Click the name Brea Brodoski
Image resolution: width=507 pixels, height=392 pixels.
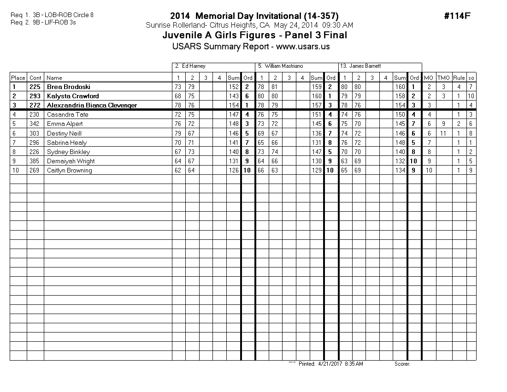[x=68, y=87]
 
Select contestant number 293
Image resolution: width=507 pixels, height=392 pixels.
[x=35, y=96]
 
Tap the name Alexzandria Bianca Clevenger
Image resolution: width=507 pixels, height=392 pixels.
[x=92, y=105]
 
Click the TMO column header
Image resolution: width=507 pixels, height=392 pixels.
[x=443, y=78]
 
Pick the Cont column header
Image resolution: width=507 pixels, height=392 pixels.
[x=35, y=78]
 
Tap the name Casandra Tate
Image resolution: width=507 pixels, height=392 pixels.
[x=67, y=114]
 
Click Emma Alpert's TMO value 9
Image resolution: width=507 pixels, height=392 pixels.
[x=443, y=124]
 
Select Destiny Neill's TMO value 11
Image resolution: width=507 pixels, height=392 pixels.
[x=443, y=133]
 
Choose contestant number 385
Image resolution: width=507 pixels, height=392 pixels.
[x=35, y=161]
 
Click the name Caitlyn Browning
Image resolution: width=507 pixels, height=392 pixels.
[x=69, y=170]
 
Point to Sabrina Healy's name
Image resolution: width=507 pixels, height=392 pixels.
[x=66, y=143]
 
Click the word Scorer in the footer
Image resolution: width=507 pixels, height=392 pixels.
[x=402, y=364]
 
